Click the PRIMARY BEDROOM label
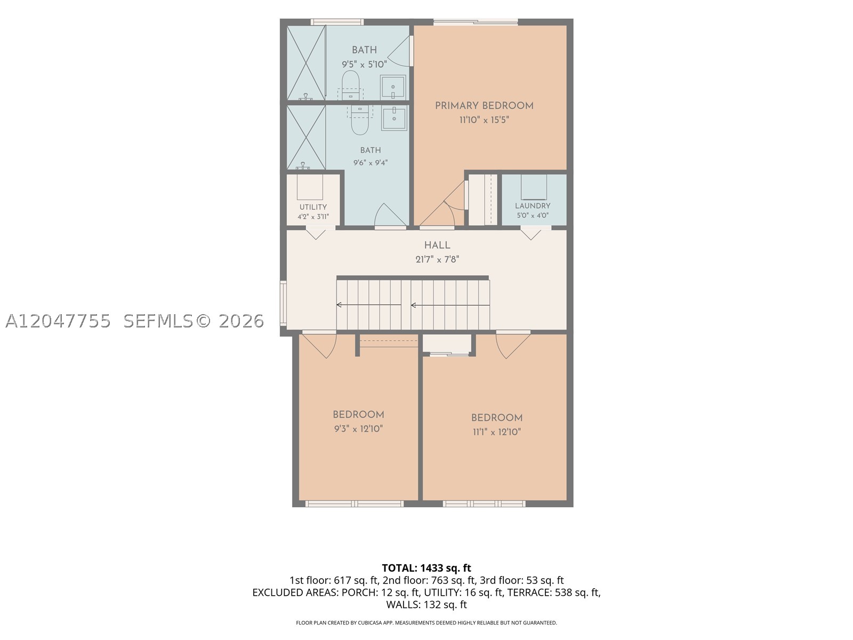[484, 106]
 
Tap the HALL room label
[437, 245]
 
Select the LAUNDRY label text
[533, 206]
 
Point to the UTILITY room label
[313, 207]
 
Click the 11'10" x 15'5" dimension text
[484, 119]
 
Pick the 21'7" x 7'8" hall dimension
[437, 259]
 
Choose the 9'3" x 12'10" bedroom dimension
[358, 429]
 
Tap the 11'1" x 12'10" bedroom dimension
[497, 431]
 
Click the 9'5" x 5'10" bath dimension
[364, 64]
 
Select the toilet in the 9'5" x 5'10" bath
[350, 85]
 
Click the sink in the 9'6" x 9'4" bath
[394, 118]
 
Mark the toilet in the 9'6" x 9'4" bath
[360, 119]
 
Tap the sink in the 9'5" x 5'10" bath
[393, 87]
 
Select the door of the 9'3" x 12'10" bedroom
[319, 345]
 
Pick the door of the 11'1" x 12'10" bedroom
[513, 345]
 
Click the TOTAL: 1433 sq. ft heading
[426, 568]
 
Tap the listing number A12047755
[58, 321]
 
